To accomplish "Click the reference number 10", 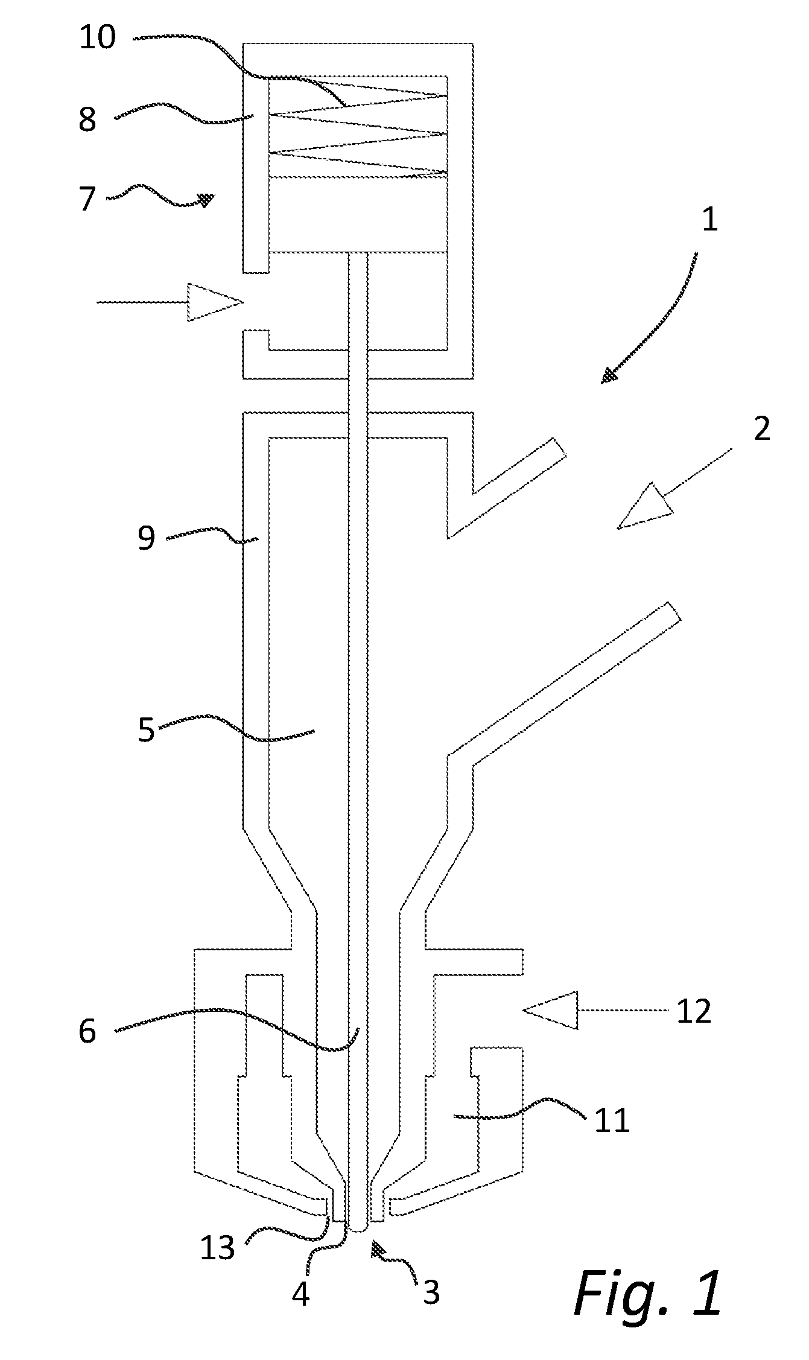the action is click(97, 37).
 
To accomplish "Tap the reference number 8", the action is click(88, 119).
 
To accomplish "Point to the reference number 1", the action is click(711, 220).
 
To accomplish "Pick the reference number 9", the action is click(147, 537).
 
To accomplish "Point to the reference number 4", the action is click(300, 1293).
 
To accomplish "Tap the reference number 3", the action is click(431, 1291).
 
